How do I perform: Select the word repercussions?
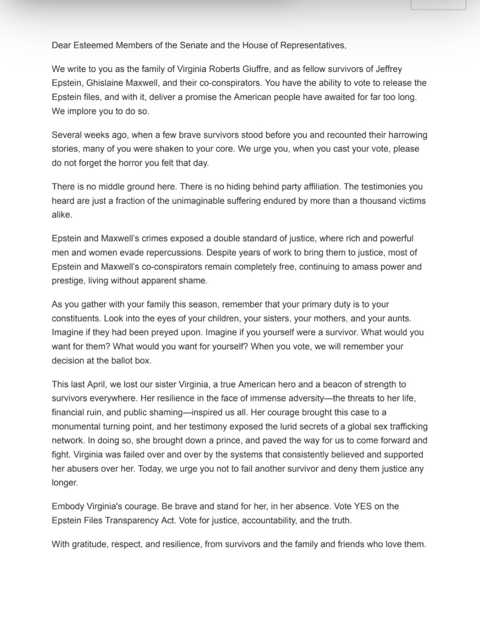[171, 253]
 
